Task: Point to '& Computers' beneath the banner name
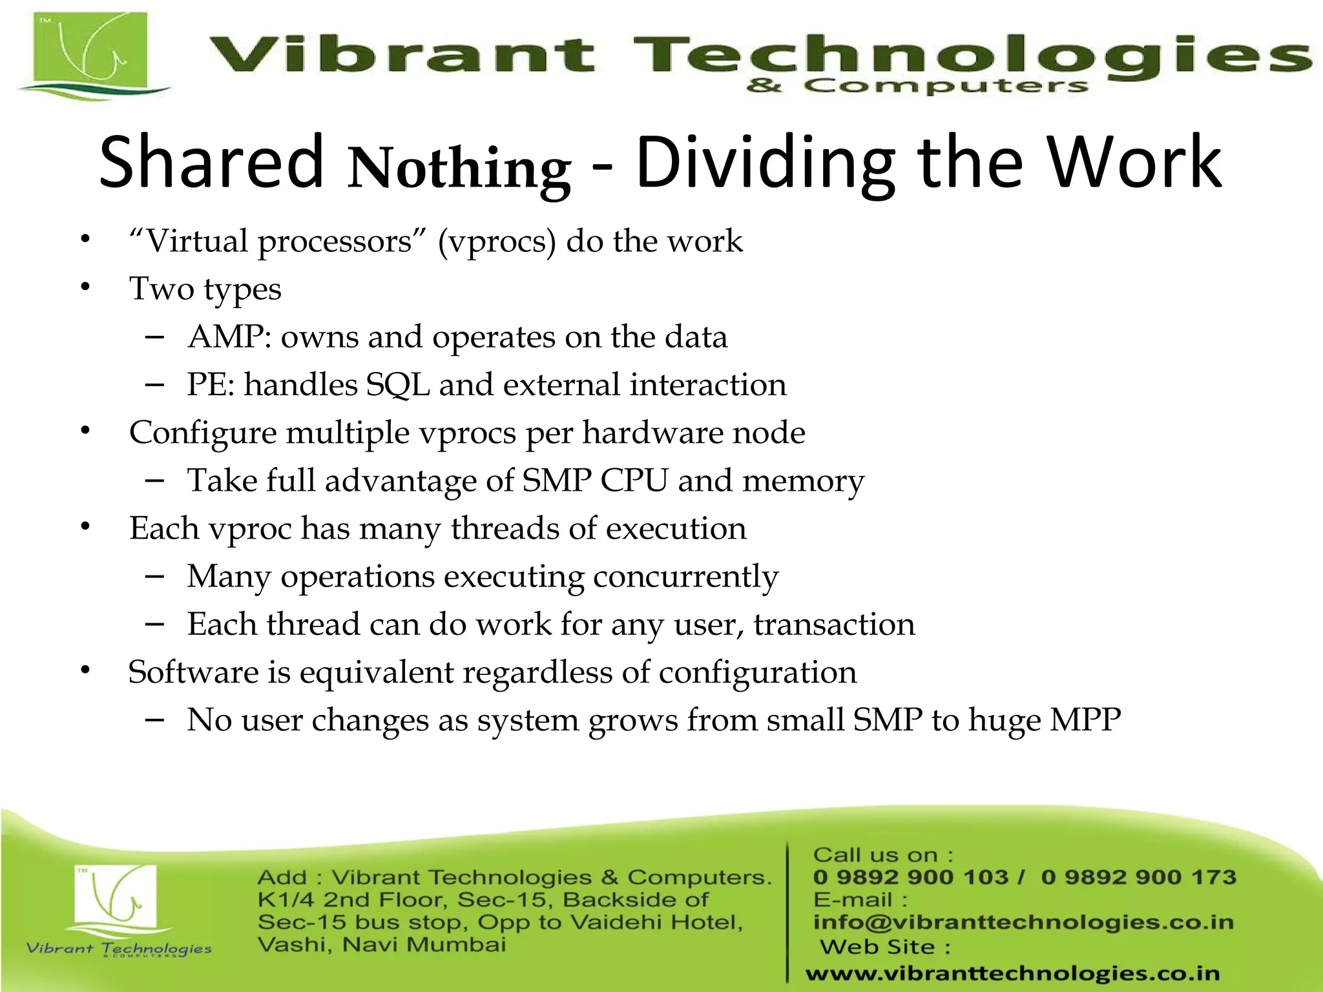click(917, 86)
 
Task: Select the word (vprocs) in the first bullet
click(497, 242)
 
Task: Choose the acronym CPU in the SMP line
click(634, 481)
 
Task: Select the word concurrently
click(685, 577)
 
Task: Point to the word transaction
click(834, 625)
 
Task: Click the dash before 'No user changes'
click(154, 719)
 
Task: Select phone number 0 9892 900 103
click(910, 878)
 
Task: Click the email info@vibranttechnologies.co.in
click(1023, 922)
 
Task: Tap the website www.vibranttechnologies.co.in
click(1012, 973)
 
